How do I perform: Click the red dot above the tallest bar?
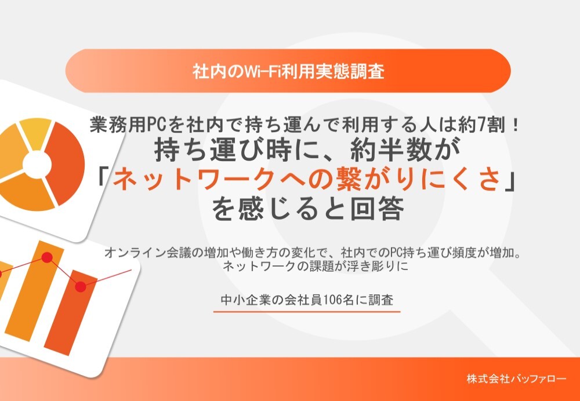pos(48,257)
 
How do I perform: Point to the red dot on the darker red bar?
pos(81,286)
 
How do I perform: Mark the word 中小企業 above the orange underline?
pos(243,300)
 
